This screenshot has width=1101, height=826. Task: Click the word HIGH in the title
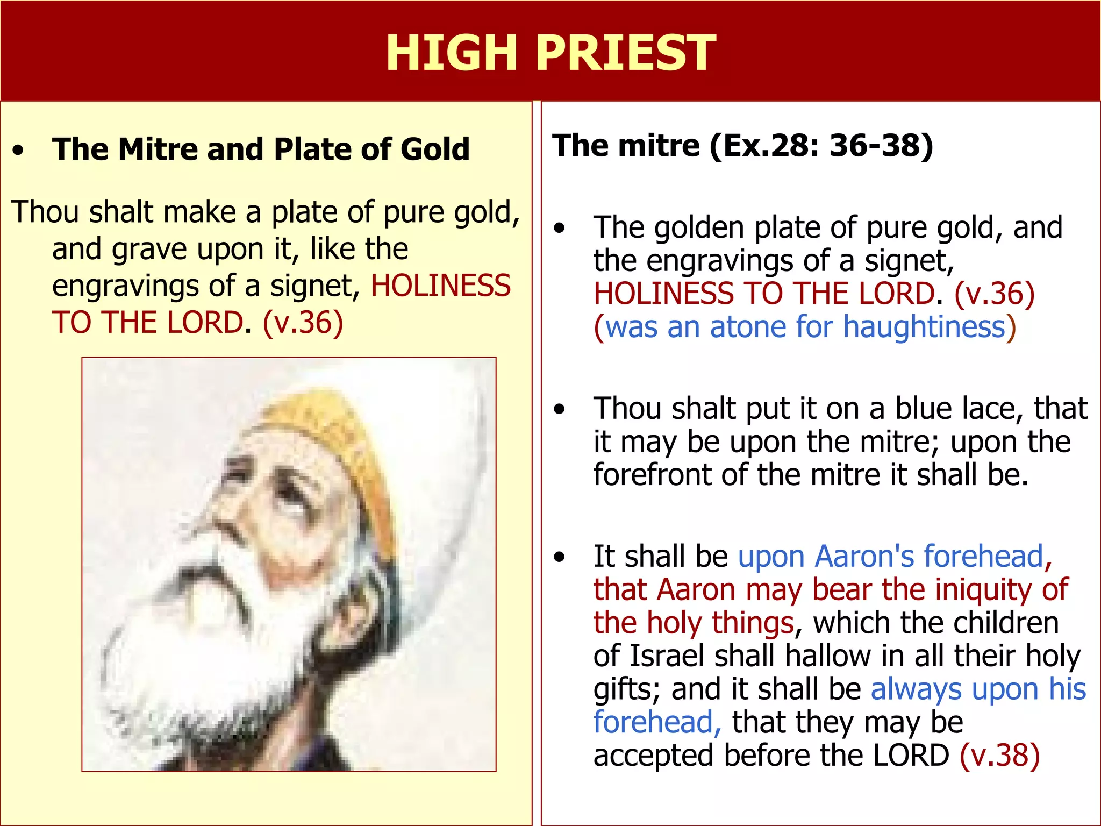coord(452,53)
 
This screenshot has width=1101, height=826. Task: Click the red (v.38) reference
coord(1000,755)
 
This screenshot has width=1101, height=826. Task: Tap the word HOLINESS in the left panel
coord(441,286)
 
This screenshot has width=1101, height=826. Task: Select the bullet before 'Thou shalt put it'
coord(560,409)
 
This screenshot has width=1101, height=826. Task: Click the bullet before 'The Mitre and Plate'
coord(19,151)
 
